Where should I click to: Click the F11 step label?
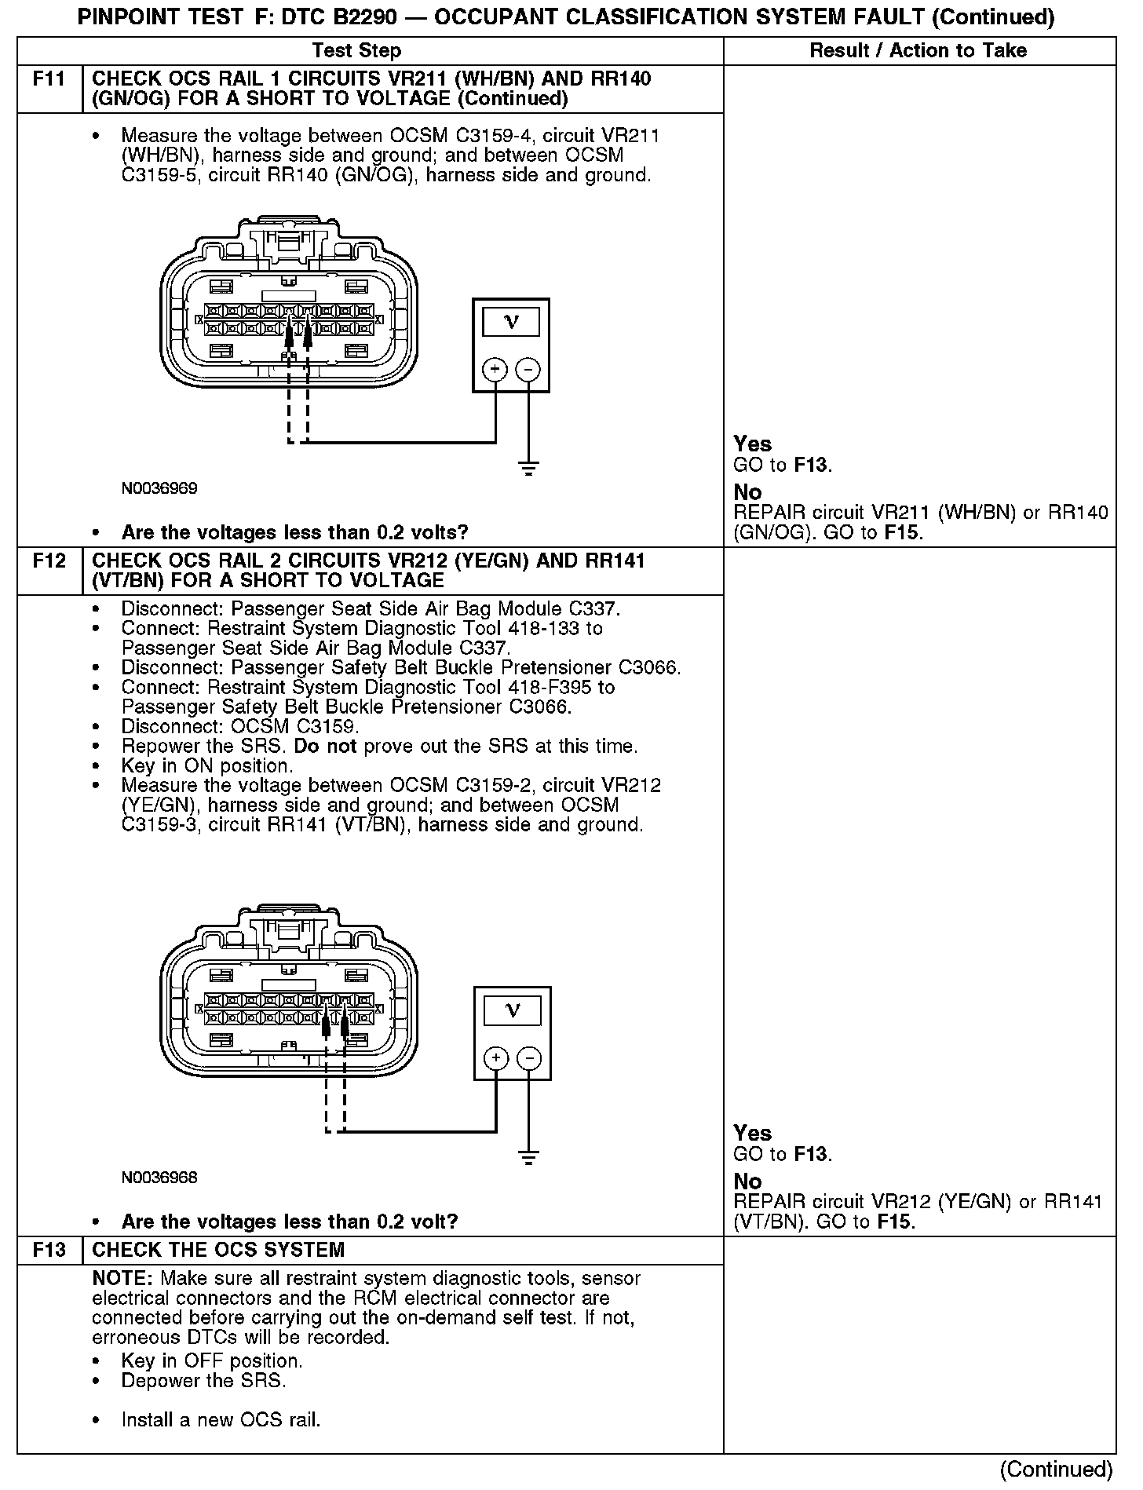[x=49, y=79]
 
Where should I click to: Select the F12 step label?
[x=49, y=561]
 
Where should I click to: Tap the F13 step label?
[x=49, y=1250]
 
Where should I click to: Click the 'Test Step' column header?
[x=356, y=51]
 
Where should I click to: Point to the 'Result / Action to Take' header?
[x=918, y=51]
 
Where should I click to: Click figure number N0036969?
[x=159, y=488]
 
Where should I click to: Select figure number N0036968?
[x=159, y=1178]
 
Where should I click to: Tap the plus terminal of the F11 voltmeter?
[x=495, y=369]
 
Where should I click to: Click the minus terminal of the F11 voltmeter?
[x=528, y=369]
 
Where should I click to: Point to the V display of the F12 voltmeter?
[x=513, y=1010]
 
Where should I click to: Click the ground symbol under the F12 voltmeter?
[x=528, y=1157]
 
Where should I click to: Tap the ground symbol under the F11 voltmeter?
[x=528, y=469]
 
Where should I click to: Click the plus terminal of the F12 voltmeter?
[x=496, y=1058]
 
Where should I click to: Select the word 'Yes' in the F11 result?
[x=752, y=444]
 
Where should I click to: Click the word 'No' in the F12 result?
[x=747, y=1181]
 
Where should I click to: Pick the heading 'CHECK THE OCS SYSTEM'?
[x=218, y=1250]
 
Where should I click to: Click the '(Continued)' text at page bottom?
[x=1056, y=1469]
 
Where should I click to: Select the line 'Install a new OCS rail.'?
[x=221, y=1420]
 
